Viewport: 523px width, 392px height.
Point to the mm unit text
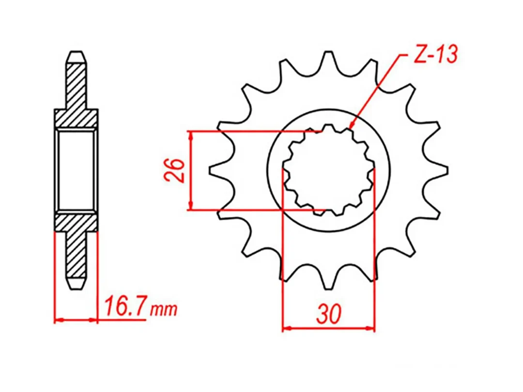coord(163,309)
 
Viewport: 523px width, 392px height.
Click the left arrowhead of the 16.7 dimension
coord(58,320)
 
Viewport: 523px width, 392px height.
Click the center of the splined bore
coord(329,170)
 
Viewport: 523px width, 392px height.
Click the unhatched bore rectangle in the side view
coord(76,170)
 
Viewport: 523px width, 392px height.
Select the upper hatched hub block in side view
coord(76,119)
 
